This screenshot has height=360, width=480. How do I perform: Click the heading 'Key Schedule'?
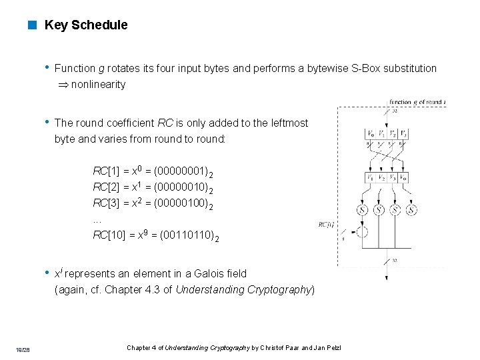[85, 25]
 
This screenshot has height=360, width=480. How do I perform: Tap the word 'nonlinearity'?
[98, 85]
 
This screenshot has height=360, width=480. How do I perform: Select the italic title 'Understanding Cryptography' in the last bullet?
[243, 289]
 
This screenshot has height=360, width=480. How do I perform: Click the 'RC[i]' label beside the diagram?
[327, 225]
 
